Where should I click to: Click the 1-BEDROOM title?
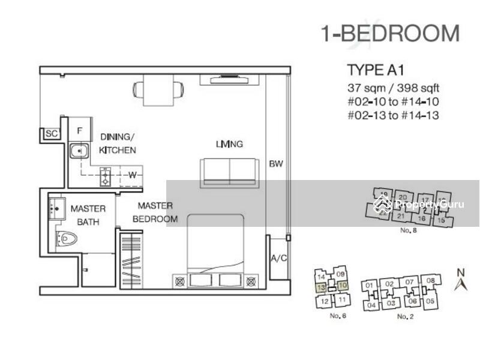tap(391, 34)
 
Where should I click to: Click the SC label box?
tap(51, 134)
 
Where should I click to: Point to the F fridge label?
tap(79, 130)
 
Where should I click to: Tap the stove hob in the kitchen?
tap(106, 174)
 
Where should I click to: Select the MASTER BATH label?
tap(88, 215)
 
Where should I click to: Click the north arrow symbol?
tap(460, 280)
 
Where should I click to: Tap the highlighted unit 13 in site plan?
tap(322, 287)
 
